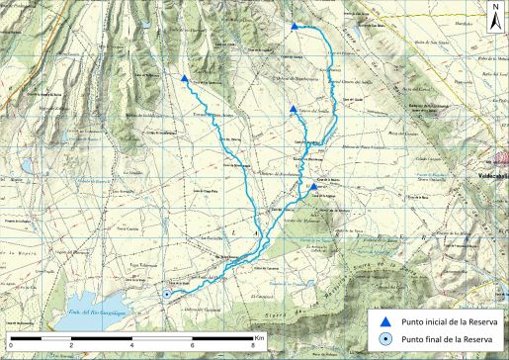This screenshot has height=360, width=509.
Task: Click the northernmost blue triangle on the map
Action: (x=296, y=27)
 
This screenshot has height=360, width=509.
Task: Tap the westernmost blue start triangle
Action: (x=185, y=78)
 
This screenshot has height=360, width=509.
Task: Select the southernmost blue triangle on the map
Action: (x=313, y=186)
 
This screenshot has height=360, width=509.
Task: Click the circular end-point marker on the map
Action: (x=167, y=294)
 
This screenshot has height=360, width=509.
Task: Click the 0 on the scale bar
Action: (x=11, y=346)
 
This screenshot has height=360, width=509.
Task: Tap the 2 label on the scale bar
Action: (x=71, y=346)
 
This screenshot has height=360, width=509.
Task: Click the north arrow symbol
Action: (x=494, y=23)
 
